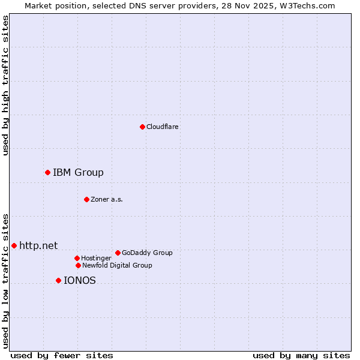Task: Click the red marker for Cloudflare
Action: (142, 127)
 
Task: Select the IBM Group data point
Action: (47, 173)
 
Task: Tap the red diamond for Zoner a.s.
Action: (86, 199)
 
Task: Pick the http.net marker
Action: (14, 245)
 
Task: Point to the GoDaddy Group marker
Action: (118, 253)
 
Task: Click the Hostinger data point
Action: (77, 258)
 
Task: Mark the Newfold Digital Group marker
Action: (78, 265)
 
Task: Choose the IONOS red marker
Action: (58, 280)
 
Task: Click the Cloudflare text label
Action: (162, 127)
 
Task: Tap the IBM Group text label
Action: (78, 173)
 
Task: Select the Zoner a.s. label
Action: (107, 199)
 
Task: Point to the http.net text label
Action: (38, 245)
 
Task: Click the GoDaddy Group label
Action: (147, 253)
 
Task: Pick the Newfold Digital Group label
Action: (117, 265)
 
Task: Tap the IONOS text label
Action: (79, 280)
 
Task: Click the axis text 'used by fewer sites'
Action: (62, 355)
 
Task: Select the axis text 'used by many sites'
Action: (301, 355)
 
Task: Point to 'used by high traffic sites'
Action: (5, 85)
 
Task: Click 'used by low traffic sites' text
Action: (5, 281)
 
